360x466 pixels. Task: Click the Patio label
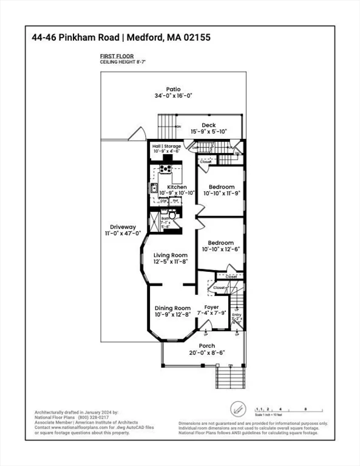(x=174, y=89)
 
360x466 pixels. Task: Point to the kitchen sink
(x=154, y=187)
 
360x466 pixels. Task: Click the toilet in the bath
(x=172, y=215)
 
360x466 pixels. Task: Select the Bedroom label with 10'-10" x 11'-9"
(x=221, y=186)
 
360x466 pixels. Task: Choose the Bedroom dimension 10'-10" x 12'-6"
(x=221, y=248)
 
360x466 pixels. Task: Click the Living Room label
(x=170, y=255)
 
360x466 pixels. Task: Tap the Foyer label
(x=211, y=307)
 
